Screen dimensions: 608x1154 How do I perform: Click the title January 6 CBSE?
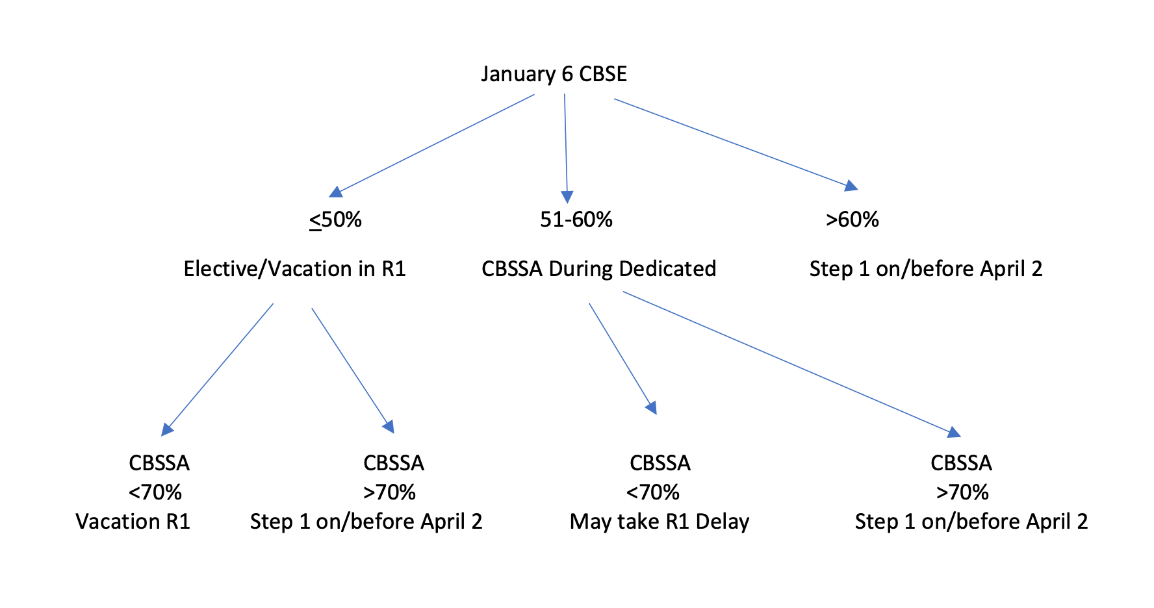(x=554, y=74)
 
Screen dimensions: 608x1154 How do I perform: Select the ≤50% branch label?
(x=335, y=220)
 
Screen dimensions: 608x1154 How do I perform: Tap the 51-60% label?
(x=576, y=220)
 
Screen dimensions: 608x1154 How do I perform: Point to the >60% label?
(x=852, y=220)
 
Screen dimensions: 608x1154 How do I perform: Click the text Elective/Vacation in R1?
(x=294, y=269)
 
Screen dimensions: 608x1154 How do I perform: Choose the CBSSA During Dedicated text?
(x=598, y=269)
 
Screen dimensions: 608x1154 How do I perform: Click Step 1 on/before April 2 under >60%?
(x=925, y=269)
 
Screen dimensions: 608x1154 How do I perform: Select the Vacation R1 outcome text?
(x=133, y=522)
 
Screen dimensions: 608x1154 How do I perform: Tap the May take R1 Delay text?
(x=660, y=522)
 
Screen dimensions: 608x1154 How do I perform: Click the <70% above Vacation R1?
(x=155, y=492)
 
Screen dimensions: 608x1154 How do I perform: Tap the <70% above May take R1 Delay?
(x=652, y=492)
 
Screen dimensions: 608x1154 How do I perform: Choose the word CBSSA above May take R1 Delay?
(x=660, y=463)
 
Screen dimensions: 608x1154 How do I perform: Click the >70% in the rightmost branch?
(x=962, y=492)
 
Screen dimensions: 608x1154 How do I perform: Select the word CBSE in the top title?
(x=602, y=74)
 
